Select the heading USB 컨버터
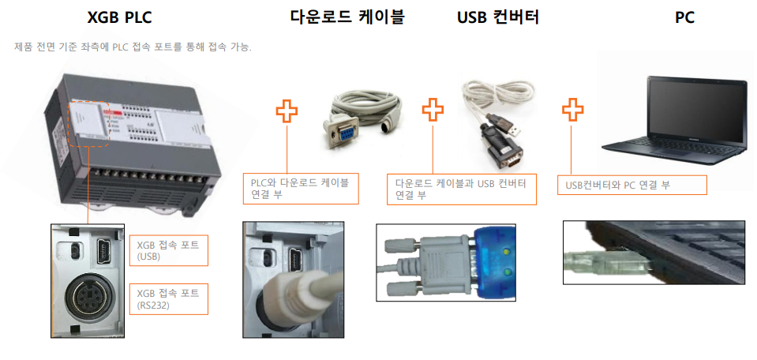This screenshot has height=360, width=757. coord(497,17)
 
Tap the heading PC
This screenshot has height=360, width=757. coord(684,17)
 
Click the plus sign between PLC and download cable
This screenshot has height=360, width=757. coord(287,111)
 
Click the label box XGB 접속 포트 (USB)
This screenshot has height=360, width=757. coord(168,251)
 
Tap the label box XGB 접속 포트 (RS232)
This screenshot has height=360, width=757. coord(168,299)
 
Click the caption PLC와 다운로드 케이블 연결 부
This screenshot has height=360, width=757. coord(300,188)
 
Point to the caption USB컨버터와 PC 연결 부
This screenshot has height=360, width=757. coord(631,186)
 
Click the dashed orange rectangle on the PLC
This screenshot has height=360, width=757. coord(89,124)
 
